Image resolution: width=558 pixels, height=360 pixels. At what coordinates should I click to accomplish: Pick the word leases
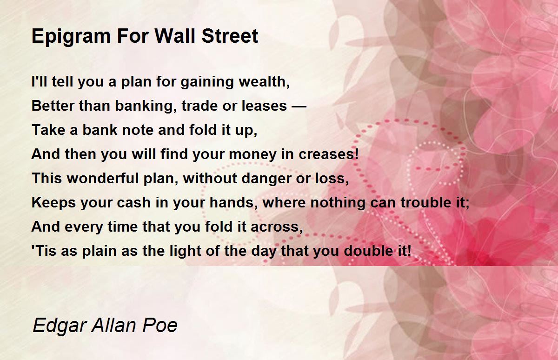[264, 106]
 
